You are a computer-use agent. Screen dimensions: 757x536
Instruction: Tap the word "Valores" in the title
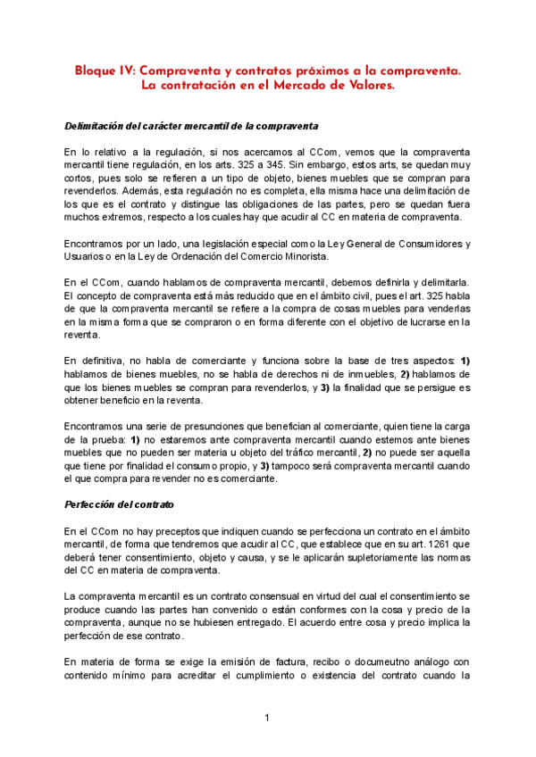(367, 86)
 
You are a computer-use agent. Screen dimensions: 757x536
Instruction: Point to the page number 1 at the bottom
(266, 718)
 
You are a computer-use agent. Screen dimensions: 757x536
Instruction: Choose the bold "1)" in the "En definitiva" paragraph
(464, 359)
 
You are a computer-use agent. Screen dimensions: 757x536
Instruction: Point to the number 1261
(410, 545)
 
